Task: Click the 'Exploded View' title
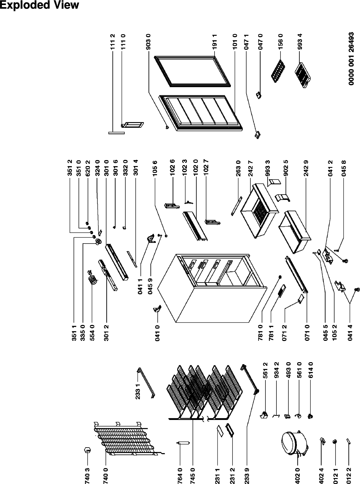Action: pos(39,5)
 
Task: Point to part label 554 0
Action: pos(92,331)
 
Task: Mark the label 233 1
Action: pos(138,389)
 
